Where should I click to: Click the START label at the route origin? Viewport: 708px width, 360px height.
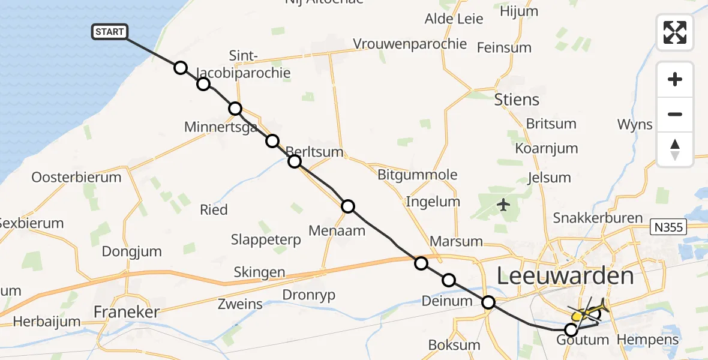click(109, 32)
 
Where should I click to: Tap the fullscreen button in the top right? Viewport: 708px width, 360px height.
click(675, 32)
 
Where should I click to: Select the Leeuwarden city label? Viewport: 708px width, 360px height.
click(565, 277)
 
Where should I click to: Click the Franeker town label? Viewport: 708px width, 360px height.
click(127, 312)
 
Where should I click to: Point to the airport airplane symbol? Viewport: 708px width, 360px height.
click(503, 206)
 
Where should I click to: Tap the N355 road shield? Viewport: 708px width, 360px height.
click(668, 226)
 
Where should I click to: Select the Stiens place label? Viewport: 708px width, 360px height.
click(516, 100)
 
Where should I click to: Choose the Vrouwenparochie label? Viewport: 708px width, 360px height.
click(410, 44)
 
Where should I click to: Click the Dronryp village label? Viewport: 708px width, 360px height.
click(308, 295)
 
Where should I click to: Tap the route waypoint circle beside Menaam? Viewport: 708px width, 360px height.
click(348, 206)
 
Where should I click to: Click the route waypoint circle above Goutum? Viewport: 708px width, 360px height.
click(571, 329)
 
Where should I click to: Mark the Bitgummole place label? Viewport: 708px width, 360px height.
click(417, 175)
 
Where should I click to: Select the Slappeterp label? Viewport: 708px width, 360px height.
click(266, 240)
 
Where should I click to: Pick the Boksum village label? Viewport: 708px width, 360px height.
click(454, 345)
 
